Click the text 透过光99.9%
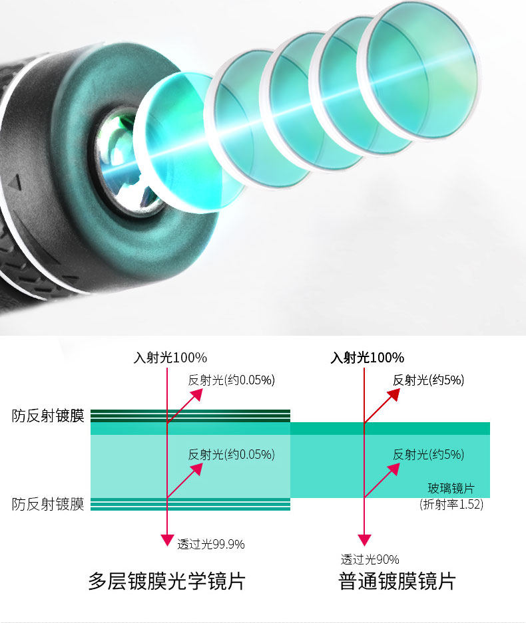pyautogui.click(x=210, y=545)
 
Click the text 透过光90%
pyautogui.click(x=370, y=560)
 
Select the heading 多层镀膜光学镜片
pyautogui.click(x=166, y=582)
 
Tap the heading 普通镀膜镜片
pyautogui.click(x=397, y=582)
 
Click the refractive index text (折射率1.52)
pyautogui.click(x=451, y=505)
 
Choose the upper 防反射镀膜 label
pyautogui.click(x=48, y=416)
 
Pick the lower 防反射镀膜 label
pyautogui.click(x=48, y=505)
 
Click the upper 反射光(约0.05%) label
pyautogui.click(x=231, y=380)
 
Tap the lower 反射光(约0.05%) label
pyautogui.click(x=231, y=455)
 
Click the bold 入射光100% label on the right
pyautogui.click(x=367, y=358)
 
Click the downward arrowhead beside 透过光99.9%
pyautogui.click(x=167, y=540)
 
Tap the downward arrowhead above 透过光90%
pyautogui.click(x=364, y=540)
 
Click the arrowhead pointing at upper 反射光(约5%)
pyautogui.click(x=394, y=394)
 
